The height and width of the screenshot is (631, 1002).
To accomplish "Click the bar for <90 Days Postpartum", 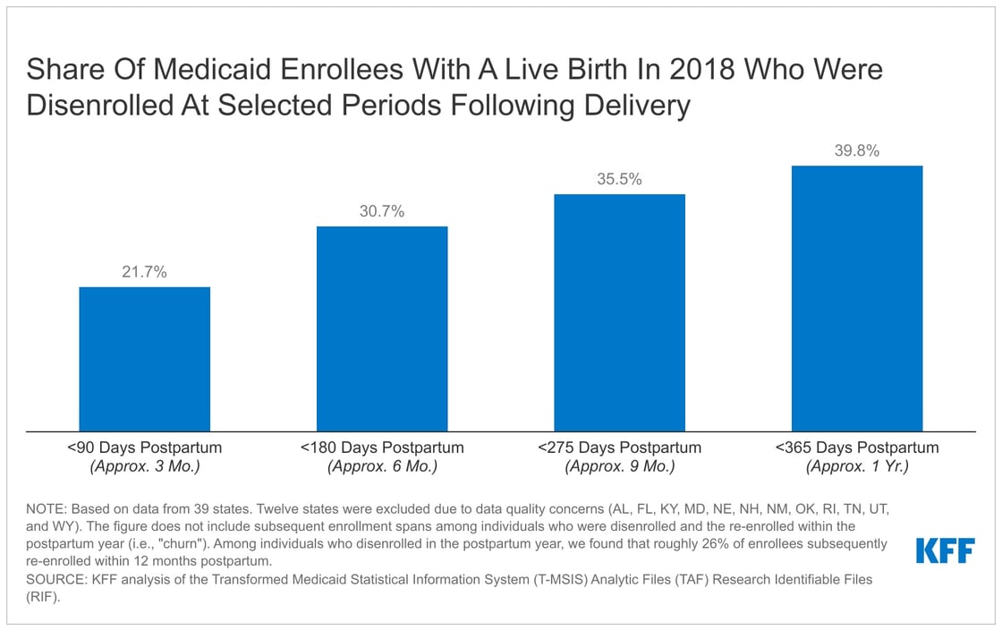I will pyautogui.click(x=145, y=359).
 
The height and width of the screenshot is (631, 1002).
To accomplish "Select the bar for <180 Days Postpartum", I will pyautogui.click(x=382, y=328).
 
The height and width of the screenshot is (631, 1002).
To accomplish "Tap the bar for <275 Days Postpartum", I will pyautogui.click(x=619, y=312).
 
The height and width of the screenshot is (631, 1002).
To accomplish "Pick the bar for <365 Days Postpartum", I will pyautogui.click(x=856, y=298).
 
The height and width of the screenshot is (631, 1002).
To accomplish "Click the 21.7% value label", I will pyautogui.click(x=145, y=272).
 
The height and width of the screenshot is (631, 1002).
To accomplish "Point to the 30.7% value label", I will pyautogui.click(x=382, y=211).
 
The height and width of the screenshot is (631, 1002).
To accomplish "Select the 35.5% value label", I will pyautogui.click(x=619, y=179).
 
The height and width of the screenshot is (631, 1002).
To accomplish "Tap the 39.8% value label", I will pyautogui.click(x=856, y=151).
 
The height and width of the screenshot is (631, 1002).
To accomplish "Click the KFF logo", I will pyautogui.click(x=946, y=550).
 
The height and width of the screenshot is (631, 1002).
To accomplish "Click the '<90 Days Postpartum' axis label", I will pyautogui.click(x=145, y=448).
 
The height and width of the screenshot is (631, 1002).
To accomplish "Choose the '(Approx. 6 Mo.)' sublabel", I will pyautogui.click(x=382, y=466).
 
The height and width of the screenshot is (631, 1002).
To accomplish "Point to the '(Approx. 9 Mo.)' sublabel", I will pyautogui.click(x=619, y=466).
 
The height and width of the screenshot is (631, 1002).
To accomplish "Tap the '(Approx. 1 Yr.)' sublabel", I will pyautogui.click(x=856, y=466).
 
